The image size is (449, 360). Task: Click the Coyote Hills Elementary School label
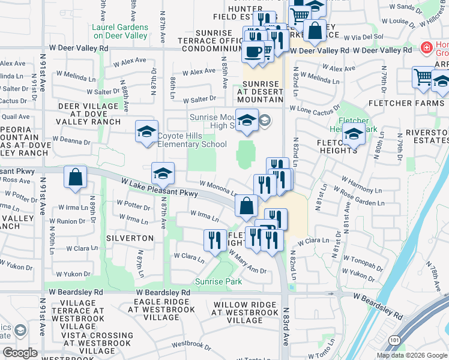point(192,140)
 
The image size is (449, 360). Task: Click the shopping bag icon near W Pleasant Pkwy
point(75,177)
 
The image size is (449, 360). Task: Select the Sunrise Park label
point(217,281)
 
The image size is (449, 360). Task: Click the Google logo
point(20,352)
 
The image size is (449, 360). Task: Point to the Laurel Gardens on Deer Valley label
point(119,31)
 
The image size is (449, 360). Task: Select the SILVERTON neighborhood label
point(130,238)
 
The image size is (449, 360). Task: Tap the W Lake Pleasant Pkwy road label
point(159,188)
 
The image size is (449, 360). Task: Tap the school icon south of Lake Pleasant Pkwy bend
point(163,173)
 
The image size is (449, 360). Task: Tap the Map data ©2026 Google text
point(412,355)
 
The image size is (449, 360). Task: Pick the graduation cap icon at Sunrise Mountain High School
point(247,121)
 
